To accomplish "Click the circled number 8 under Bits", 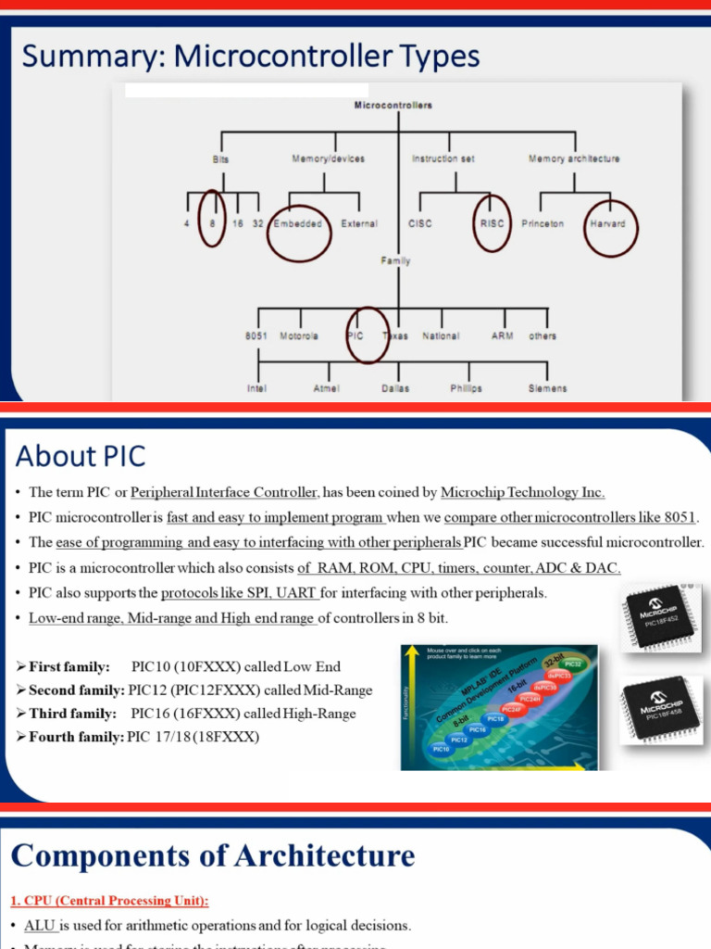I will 212,223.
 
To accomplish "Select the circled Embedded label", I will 299,223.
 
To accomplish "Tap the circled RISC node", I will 492,223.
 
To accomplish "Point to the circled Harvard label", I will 607,223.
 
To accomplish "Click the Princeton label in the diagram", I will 543,223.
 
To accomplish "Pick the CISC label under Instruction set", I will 419,223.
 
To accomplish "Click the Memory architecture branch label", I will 574,158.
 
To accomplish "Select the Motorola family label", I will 299,335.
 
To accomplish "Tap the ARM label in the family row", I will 503,335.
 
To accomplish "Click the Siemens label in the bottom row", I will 547,388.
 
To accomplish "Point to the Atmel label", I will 327,388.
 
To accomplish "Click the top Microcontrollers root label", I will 393,106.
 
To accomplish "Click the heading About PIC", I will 81,456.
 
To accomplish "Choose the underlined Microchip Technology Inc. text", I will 522,492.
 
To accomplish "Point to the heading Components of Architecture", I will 213,854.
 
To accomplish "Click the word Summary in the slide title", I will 90,57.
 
